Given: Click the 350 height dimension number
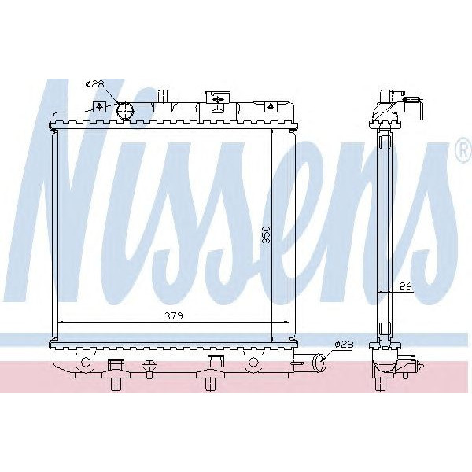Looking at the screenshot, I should pos(266,234).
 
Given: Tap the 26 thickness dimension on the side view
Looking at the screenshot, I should pos(406,287).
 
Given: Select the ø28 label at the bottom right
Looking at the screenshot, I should pos(344,344).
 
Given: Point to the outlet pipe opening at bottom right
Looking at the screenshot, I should pos(319,363).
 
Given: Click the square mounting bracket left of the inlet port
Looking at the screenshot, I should pos(99,107).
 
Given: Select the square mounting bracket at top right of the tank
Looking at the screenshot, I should pos(270,106).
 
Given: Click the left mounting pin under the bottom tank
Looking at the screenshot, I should pos(116,382).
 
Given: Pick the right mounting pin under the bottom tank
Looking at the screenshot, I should pos(213,382).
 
